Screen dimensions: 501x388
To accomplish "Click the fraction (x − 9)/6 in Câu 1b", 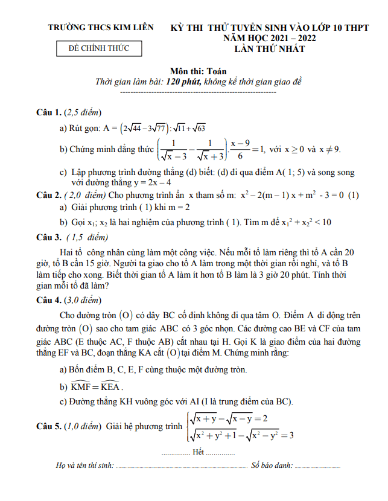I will pyautogui.click(x=240, y=149).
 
